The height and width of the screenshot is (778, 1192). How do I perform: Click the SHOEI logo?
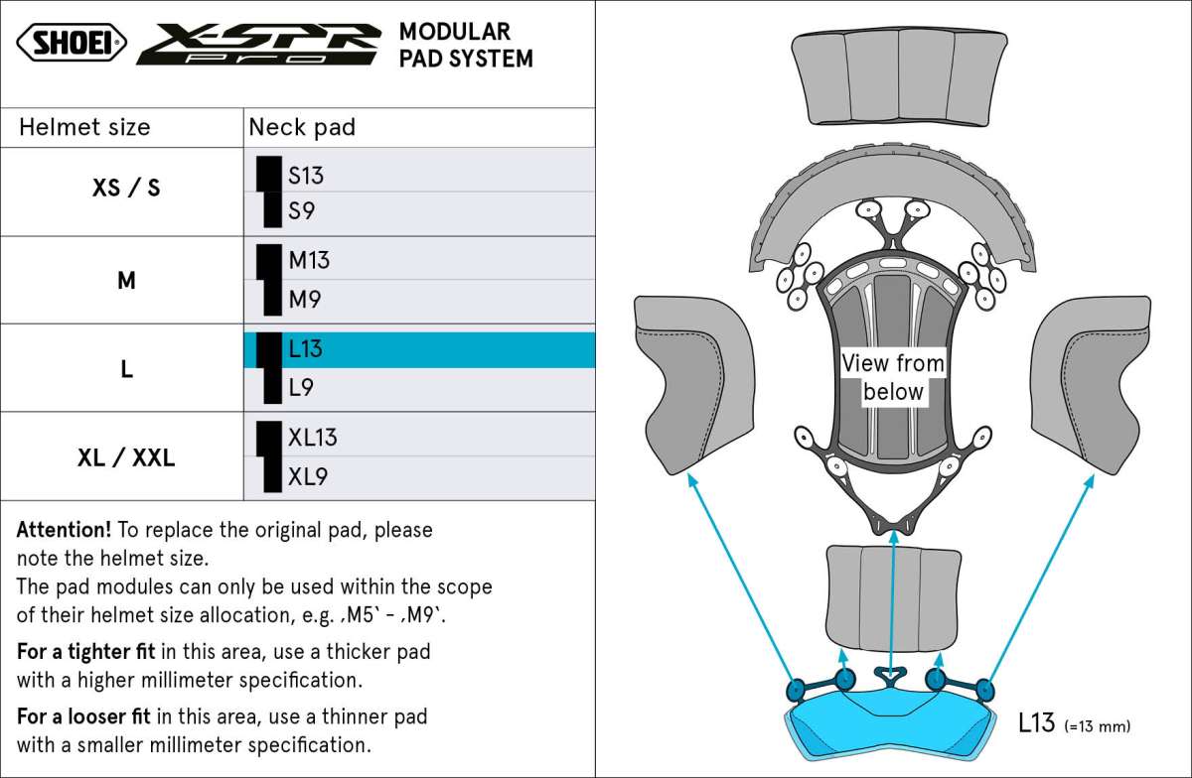coord(72,43)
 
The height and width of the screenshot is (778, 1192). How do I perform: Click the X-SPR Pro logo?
coord(258,45)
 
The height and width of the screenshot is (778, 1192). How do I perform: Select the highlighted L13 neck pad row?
coord(419,350)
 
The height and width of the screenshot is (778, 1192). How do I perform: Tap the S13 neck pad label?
coord(306,176)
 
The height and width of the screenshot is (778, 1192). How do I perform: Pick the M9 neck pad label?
coord(304,300)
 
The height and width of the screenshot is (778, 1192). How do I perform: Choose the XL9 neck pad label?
coord(308,476)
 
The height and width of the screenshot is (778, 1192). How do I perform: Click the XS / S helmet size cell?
coord(126,188)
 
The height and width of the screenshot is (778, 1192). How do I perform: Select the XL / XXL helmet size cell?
coord(126,457)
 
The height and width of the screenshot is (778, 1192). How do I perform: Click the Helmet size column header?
coord(84,128)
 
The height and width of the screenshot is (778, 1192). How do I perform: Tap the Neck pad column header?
coord(302,128)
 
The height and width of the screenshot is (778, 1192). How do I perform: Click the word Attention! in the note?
coord(64,530)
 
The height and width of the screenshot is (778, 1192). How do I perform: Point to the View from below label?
coord(893,377)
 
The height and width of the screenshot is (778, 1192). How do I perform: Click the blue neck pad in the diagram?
coord(889,723)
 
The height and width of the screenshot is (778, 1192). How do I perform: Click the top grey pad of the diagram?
coord(899,77)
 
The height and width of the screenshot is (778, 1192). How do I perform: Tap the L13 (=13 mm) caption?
coord(1074,723)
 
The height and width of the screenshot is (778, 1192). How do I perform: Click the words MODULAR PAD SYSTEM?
coord(466,46)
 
